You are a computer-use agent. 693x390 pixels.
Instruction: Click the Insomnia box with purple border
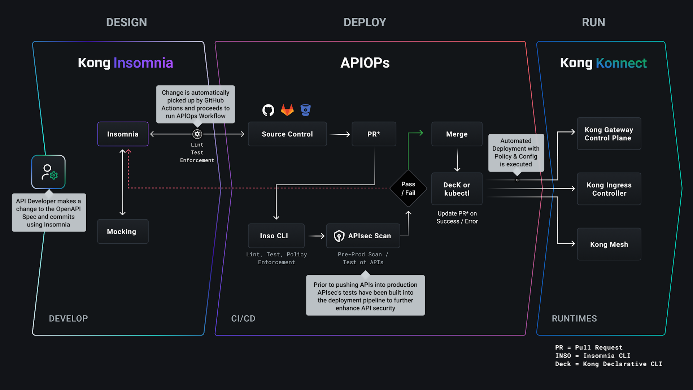(x=123, y=134)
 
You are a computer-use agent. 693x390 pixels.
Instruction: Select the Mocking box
(x=123, y=231)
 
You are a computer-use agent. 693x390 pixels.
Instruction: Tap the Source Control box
(x=287, y=134)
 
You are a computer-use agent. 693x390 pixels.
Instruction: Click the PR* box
(x=374, y=134)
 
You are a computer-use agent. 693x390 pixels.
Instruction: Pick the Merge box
(x=457, y=134)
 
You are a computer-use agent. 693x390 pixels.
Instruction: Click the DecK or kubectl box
(x=457, y=189)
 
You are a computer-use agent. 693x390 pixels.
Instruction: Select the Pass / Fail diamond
(x=408, y=188)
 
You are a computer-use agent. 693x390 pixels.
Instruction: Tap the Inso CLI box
(x=276, y=236)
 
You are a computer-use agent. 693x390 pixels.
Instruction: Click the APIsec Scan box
(x=363, y=236)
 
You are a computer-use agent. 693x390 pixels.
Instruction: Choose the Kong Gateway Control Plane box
(x=609, y=134)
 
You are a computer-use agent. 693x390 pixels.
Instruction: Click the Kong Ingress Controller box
(x=609, y=189)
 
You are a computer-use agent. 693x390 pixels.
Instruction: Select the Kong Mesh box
(x=609, y=244)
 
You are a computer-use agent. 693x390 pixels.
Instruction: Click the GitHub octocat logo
(x=268, y=110)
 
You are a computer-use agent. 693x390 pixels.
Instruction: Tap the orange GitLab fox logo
(x=287, y=110)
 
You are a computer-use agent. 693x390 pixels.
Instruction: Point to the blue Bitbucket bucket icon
(x=306, y=110)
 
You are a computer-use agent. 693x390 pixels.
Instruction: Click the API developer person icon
(x=48, y=172)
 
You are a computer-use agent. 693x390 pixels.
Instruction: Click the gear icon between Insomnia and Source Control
(x=197, y=134)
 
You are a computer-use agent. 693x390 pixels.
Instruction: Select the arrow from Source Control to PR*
(x=340, y=134)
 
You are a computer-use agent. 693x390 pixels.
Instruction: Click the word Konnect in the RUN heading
(x=621, y=63)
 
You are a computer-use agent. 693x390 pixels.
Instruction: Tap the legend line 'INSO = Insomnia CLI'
(x=593, y=356)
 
